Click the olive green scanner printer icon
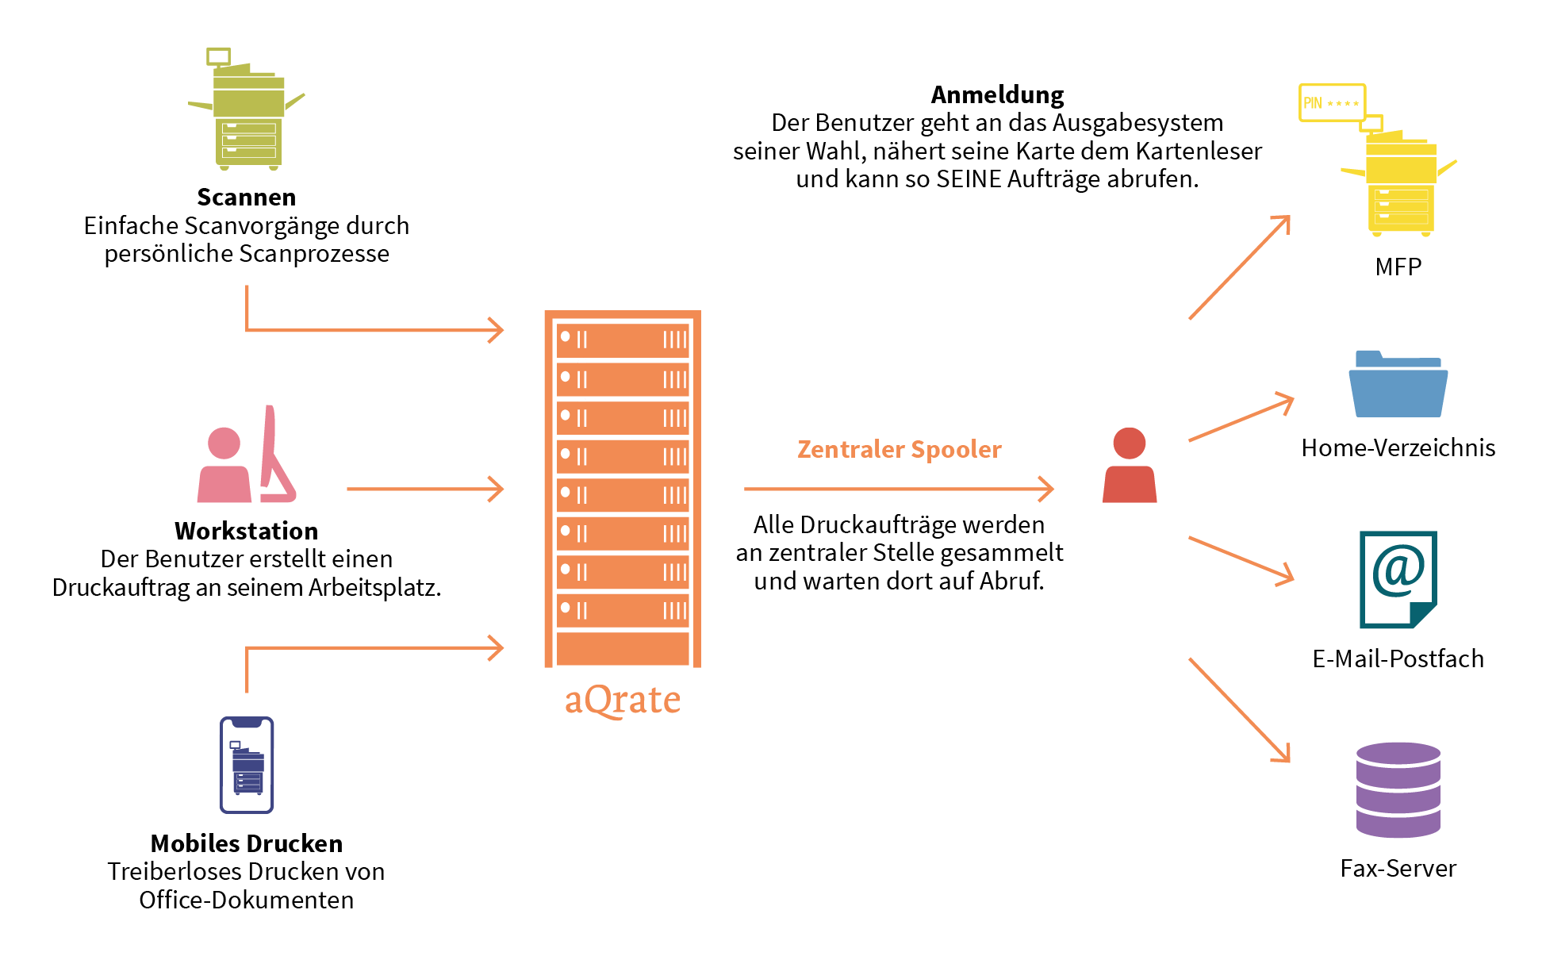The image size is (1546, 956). (247, 115)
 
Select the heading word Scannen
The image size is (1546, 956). (247, 197)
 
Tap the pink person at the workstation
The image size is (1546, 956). (224, 468)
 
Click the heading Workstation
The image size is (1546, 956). (247, 530)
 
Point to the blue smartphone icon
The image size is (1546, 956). (247, 765)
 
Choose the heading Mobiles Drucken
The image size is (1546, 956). (247, 843)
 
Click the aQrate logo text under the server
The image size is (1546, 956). (623, 701)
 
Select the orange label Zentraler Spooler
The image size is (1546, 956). (900, 449)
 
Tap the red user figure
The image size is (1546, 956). (1130, 466)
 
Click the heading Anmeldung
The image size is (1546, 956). (997, 94)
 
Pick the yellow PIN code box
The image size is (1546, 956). (1332, 102)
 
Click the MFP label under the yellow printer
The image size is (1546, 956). (1398, 267)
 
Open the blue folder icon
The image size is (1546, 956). (1398, 386)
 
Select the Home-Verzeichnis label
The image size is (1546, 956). (1398, 447)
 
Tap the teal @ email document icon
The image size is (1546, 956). (1398, 579)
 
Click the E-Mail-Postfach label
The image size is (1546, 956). (1398, 658)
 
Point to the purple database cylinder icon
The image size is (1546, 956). (1398, 790)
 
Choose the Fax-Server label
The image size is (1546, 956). (1398, 868)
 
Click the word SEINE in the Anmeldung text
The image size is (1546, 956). (969, 179)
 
